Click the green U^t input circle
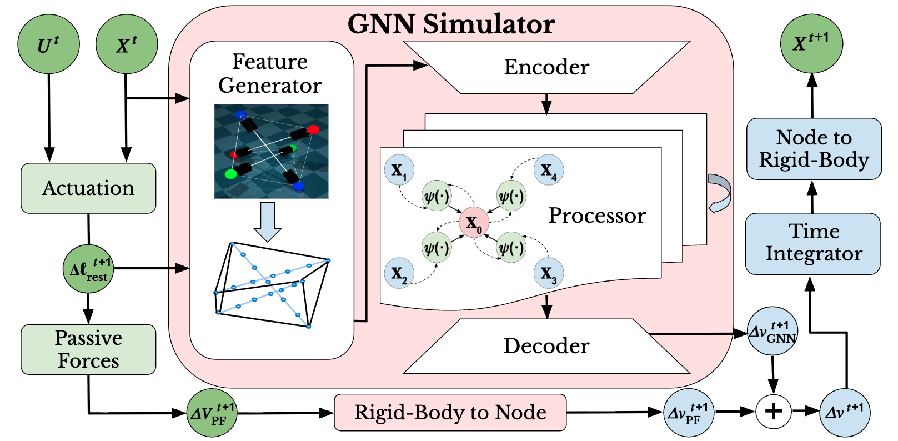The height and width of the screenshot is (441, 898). coord(48,43)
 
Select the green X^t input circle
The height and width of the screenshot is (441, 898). coord(127,43)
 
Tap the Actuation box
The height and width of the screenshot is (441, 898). coord(88,188)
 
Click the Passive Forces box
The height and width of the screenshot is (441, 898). coord(88,349)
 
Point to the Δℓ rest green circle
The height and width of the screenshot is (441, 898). coord(88,269)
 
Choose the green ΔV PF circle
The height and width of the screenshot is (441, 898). coord(211,413)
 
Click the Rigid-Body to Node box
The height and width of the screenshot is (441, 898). coord(450,413)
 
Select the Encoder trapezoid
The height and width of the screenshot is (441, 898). coord(546,67)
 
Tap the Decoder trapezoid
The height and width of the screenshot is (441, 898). coord(546,346)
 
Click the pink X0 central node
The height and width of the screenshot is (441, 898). coord(474,223)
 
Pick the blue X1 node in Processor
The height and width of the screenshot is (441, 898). coord(399,170)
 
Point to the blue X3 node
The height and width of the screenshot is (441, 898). coord(549,273)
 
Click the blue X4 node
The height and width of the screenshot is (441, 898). coord(549,170)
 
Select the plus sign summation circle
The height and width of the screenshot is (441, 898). coord(774,412)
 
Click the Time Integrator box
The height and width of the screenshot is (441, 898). coord(813,243)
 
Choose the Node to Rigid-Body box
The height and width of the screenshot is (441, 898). coord(814,149)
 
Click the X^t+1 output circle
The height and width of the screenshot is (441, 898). coord(811,43)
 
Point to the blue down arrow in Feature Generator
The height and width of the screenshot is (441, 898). coord(268,222)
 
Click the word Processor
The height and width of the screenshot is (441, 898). coord(597,216)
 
